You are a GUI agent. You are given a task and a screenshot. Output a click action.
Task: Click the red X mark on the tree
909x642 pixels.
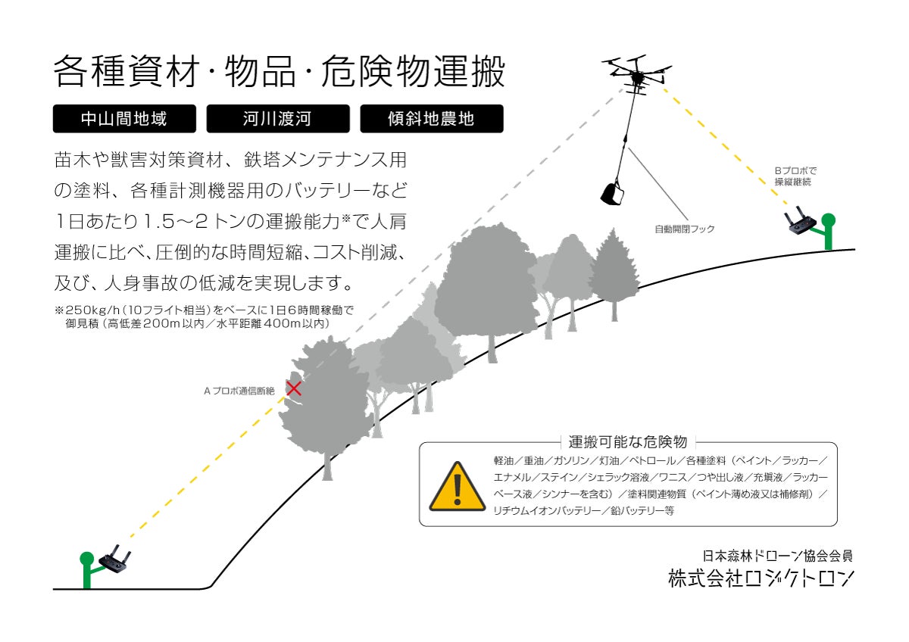click(x=294, y=388)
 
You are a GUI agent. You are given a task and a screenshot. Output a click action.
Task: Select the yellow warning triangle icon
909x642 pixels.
click(x=457, y=486)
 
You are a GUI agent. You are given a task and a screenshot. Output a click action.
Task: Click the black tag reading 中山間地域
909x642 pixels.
click(x=124, y=119)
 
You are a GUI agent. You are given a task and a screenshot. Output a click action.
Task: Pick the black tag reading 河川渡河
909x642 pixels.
click(x=277, y=119)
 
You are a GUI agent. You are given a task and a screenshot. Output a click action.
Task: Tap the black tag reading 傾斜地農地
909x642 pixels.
click(x=431, y=119)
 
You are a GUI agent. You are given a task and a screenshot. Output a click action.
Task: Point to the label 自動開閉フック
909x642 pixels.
click(x=685, y=229)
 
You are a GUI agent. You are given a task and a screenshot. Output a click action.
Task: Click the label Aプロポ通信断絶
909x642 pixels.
click(x=239, y=391)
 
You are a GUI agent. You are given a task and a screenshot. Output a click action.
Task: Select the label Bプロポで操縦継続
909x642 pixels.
click(x=795, y=176)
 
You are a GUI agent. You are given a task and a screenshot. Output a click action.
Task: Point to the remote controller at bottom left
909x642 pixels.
click(x=116, y=562)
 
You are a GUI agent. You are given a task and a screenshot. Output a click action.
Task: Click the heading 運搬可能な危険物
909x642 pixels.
click(x=627, y=442)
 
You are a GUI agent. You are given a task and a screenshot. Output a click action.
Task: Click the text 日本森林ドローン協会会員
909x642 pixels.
click(x=778, y=555)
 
